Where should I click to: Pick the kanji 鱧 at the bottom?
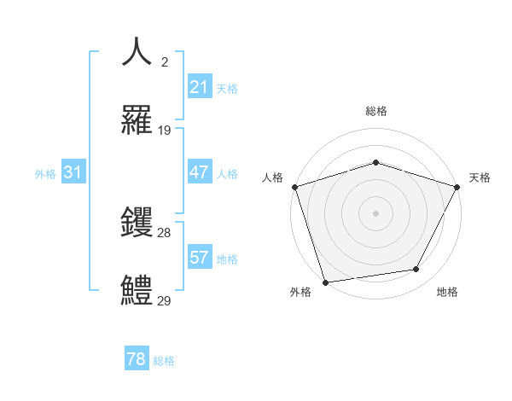pos(137,290)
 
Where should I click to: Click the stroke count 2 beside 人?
pos(165,61)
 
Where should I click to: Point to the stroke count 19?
pos(165,131)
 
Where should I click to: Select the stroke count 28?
pos(165,233)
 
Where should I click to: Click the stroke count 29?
pos(165,301)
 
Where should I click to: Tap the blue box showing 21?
pos(199,87)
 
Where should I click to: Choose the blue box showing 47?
pos(199,172)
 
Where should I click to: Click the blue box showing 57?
pos(199,258)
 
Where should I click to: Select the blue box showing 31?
pos(73,172)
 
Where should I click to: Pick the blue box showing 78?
pos(137,359)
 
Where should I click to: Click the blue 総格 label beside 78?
pos(164,361)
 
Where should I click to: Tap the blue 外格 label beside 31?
pos(45,174)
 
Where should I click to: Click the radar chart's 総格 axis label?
pos(375,111)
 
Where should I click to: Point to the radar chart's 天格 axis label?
pos(480,177)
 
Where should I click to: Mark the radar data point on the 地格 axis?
pos(416,270)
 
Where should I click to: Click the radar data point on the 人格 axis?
pos(294,187)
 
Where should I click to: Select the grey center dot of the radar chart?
pos(375,213)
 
